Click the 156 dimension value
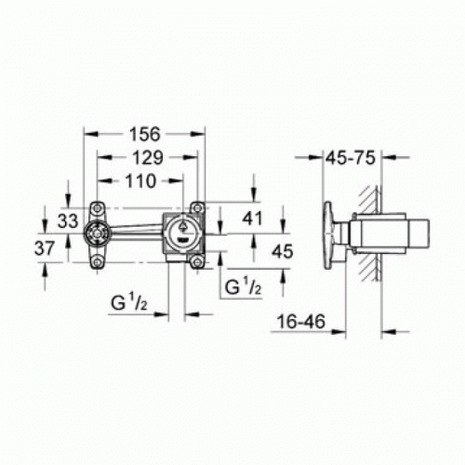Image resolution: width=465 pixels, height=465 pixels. (x=145, y=134)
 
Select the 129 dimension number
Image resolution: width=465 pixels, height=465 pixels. (x=148, y=157)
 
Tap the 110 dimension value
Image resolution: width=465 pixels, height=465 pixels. (x=140, y=180)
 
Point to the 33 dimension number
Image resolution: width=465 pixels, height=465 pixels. (x=68, y=220)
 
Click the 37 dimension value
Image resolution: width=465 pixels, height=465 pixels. (x=45, y=248)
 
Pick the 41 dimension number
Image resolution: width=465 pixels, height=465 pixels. (x=252, y=219)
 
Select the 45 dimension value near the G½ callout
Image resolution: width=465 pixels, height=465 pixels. (x=282, y=251)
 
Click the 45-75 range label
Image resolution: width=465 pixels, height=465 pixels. (x=351, y=157)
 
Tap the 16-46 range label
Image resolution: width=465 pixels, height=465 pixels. (x=301, y=321)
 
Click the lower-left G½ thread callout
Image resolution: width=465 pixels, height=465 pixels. (x=129, y=302)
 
